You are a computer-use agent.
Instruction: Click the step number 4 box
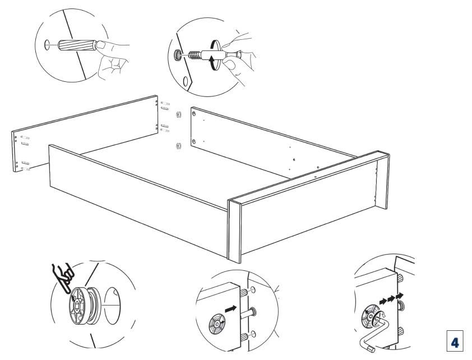(x=455, y=341)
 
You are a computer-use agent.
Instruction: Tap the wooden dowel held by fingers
(x=77, y=45)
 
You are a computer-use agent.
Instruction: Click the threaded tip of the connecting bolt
(x=195, y=55)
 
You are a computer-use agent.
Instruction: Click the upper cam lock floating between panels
(x=178, y=114)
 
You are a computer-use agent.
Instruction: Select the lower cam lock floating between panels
(x=179, y=146)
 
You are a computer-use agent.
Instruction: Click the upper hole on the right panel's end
(x=194, y=113)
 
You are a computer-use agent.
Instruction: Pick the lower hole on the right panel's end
(x=194, y=141)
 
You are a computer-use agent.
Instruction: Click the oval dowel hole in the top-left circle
(x=47, y=45)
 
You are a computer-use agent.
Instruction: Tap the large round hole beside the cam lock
(x=112, y=306)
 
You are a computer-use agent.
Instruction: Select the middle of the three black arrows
(x=391, y=298)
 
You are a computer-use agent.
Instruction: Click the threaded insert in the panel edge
(x=178, y=55)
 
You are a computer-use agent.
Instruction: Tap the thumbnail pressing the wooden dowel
(x=100, y=44)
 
